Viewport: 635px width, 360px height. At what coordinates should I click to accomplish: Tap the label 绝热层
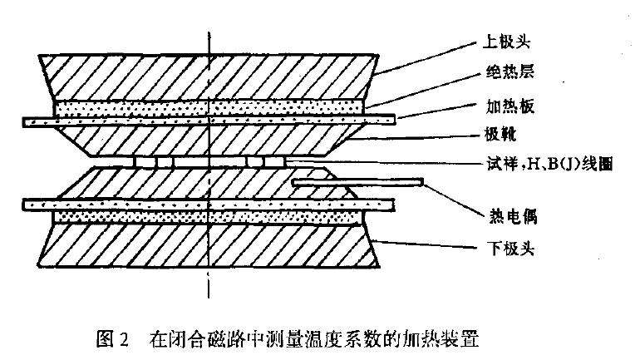click(504, 73)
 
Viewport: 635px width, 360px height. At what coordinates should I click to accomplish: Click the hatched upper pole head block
click(208, 75)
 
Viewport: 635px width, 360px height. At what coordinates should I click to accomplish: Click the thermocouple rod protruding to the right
click(357, 182)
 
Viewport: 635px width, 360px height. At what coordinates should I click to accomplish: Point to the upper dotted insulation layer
click(208, 108)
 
